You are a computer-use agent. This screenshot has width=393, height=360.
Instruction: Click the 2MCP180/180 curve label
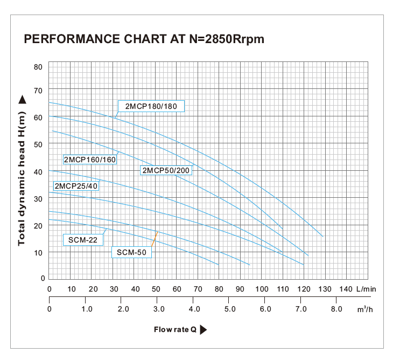point(151,106)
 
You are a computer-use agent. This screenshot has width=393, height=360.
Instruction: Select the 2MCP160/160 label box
point(90,160)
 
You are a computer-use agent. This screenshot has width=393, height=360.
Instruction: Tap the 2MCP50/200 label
point(166,171)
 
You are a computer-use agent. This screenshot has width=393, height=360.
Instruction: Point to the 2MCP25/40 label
point(76,186)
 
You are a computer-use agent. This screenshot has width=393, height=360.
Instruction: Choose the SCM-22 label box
point(84,240)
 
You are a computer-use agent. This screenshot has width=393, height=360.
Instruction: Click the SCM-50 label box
point(131,252)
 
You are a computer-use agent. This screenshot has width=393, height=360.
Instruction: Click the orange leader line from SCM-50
point(155,239)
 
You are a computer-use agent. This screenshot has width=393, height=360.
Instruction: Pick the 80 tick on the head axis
point(38,67)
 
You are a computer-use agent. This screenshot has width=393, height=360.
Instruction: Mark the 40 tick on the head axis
point(38,172)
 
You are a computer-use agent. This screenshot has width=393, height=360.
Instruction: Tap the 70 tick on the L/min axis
point(198,289)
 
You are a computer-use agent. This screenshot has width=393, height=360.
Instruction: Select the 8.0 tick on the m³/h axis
point(336,309)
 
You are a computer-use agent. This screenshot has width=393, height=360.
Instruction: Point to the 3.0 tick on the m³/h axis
point(159,309)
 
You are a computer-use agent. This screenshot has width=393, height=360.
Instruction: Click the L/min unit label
point(366,289)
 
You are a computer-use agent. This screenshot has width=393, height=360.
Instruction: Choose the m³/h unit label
point(366,309)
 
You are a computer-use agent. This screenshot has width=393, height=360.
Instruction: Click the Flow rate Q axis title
point(176,330)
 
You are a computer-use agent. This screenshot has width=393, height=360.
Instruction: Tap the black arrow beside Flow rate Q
point(203,330)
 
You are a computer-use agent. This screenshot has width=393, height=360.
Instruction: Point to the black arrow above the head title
point(22,99)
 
